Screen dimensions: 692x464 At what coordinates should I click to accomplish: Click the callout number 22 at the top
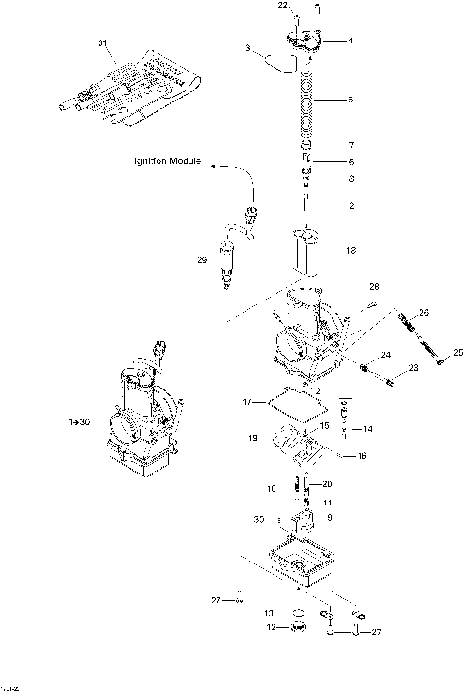(284, 6)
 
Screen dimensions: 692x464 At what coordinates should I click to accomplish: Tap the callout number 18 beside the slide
(350, 250)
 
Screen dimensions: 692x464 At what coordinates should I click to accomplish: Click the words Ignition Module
(167, 162)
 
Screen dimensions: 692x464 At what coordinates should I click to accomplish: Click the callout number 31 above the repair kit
(103, 44)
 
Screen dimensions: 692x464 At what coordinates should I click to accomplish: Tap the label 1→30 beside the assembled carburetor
(79, 422)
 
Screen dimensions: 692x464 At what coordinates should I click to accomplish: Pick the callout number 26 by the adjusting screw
(421, 314)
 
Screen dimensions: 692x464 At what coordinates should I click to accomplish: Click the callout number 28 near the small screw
(374, 286)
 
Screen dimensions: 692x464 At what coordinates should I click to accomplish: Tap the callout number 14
(368, 428)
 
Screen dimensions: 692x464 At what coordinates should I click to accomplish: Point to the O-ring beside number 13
(299, 613)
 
